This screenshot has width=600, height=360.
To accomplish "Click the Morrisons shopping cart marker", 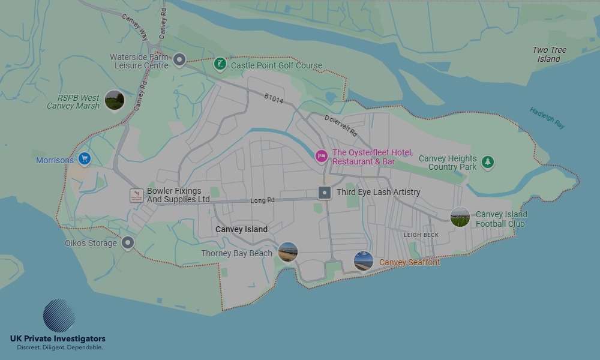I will point(85,159).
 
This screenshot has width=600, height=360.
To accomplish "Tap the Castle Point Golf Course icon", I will point(221,64).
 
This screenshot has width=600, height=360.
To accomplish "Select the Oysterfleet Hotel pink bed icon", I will point(322,156).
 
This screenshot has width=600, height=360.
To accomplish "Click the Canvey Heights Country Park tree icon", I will point(488,162).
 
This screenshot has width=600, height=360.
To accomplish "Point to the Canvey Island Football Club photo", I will point(460,217).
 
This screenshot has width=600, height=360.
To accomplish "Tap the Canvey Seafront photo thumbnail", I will point(364,261).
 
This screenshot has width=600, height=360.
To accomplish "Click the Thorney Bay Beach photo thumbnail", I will point(288,252).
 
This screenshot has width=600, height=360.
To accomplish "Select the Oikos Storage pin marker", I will point(127,242).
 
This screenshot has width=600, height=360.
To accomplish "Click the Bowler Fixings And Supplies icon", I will point(137,195).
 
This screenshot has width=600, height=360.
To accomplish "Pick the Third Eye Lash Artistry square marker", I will point(325,193).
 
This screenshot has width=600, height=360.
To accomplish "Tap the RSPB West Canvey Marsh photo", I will point(114,100).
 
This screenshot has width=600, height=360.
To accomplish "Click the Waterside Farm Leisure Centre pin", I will point(179,59).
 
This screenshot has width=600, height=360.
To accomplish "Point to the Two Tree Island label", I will point(549,55).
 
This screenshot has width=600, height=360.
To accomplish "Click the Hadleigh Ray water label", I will point(547,118).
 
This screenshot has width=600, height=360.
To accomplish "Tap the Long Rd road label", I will point(262,200).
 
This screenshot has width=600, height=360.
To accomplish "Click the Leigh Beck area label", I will point(421,235).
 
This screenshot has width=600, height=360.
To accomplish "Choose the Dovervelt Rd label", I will point(341,125).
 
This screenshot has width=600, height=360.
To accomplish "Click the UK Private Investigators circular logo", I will point(59,316).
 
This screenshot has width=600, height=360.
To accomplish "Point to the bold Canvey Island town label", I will point(241,229).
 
